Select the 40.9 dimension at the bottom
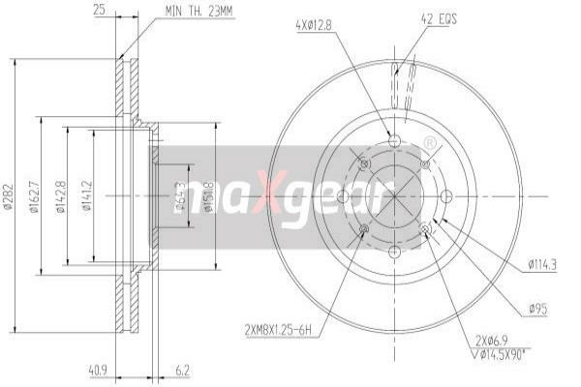[x=98, y=369]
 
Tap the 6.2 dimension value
[x=183, y=369]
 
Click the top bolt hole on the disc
[x=394, y=141]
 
